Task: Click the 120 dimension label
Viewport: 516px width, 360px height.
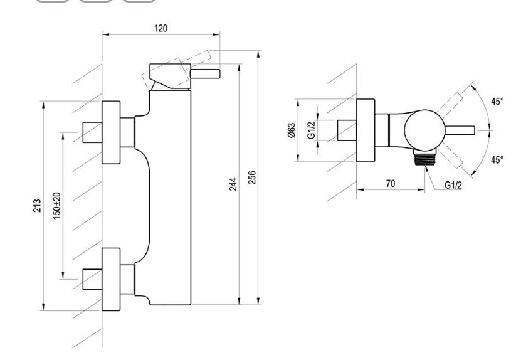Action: [x=161, y=28]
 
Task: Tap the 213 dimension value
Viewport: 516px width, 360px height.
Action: [x=37, y=205]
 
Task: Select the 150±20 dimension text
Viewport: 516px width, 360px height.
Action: [x=57, y=206]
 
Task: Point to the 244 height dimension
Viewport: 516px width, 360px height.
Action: [x=233, y=184]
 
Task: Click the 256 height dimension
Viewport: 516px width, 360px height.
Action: [x=251, y=177]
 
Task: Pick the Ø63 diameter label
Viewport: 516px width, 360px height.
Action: [x=292, y=130]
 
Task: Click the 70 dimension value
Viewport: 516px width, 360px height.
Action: [x=390, y=183]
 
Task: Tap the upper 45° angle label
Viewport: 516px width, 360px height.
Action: [x=497, y=102]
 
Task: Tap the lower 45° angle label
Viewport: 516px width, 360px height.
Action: [x=497, y=160]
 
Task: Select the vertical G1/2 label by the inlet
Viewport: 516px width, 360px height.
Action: [x=312, y=130]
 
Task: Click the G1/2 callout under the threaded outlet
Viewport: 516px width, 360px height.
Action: [x=453, y=185]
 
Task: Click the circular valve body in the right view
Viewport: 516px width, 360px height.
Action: [x=424, y=130]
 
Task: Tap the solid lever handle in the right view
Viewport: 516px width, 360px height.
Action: [x=460, y=130]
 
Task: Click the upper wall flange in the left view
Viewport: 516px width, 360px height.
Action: [x=111, y=132]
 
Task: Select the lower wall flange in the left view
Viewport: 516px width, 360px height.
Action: [x=111, y=279]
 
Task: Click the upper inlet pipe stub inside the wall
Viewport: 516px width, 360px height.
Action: [x=92, y=132]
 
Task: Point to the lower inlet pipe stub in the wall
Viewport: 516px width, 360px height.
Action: [x=92, y=279]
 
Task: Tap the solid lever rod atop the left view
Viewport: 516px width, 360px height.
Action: [x=205, y=74]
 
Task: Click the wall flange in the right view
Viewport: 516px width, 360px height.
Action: [x=366, y=130]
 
